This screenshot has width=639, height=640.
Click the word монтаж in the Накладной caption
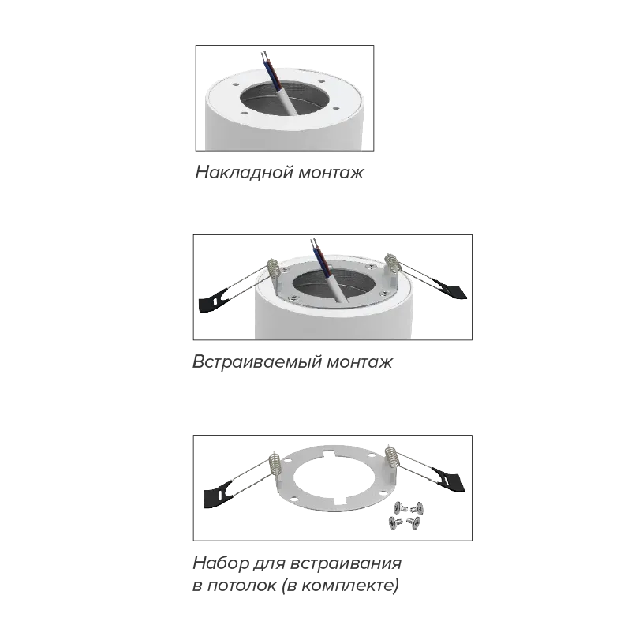[x=331, y=173]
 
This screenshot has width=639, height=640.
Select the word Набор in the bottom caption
[x=221, y=563]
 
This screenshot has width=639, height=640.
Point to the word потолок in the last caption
[x=241, y=586]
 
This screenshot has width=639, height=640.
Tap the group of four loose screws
[x=405, y=516]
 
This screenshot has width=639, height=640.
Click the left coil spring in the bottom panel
[x=275, y=464]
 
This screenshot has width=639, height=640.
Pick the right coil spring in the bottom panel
[x=391, y=456]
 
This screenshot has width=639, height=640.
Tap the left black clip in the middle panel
[x=213, y=301]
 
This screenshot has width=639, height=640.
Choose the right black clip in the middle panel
[x=449, y=289]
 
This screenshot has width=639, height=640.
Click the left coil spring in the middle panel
[x=273, y=269]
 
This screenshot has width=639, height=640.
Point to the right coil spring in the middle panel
[x=392, y=264]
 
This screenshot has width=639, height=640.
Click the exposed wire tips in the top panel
[x=264, y=55]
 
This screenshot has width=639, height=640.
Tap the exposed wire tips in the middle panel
[x=314, y=242]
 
